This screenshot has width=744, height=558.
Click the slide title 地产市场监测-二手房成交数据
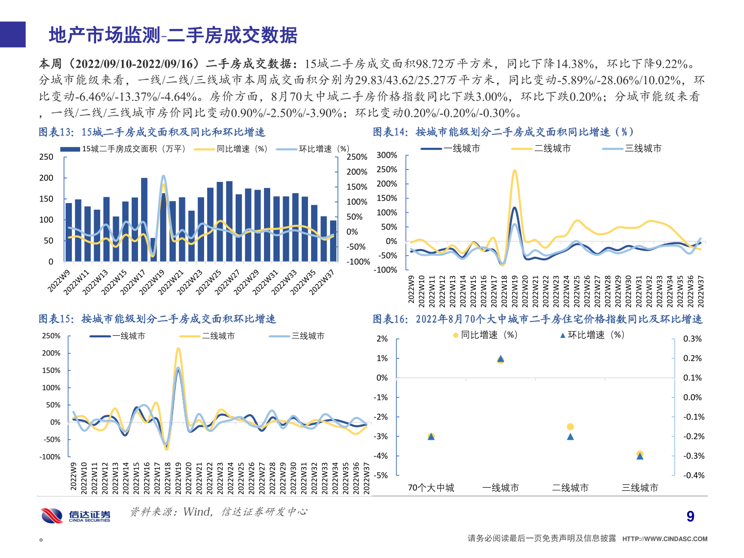pyautogui.click(x=173, y=35)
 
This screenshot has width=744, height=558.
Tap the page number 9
pyautogui.click(x=690, y=516)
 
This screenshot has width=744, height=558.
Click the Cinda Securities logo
pyautogui.click(x=76, y=515)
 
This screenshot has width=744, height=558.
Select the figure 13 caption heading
pyautogui.click(x=152, y=132)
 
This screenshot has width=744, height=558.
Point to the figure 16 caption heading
pyautogui.click(x=537, y=319)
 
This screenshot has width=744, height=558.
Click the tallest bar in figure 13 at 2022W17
pyautogui.click(x=144, y=220)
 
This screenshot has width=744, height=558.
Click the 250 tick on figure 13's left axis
pyautogui.click(x=47, y=157)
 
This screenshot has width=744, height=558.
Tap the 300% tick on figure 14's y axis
pyautogui.click(x=387, y=155)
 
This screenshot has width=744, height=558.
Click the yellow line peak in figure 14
pyautogui.click(x=515, y=170)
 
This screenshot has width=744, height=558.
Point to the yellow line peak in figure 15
pyautogui.click(x=178, y=349)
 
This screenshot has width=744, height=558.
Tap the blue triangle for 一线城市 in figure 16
pyautogui.click(x=501, y=359)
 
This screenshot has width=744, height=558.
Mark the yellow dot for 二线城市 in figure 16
pyautogui.click(x=570, y=427)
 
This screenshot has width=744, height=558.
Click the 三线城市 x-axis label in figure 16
pyautogui.click(x=640, y=488)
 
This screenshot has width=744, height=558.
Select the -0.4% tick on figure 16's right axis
pyautogui.click(x=693, y=475)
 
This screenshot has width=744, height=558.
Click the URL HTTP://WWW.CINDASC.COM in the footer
pyautogui.click(x=664, y=539)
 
